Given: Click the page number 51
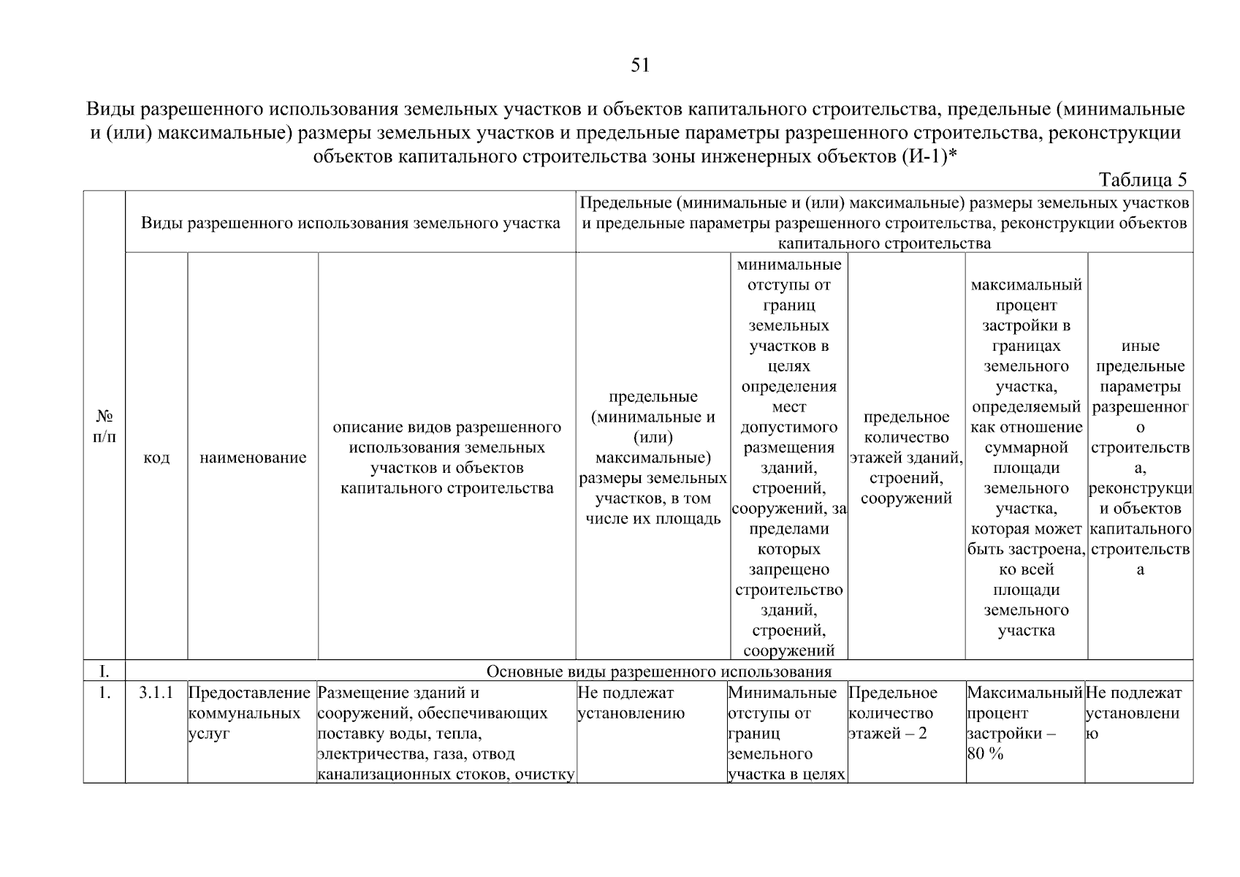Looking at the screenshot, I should click(639, 66).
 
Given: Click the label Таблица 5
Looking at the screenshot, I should click(1143, 180).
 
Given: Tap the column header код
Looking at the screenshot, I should click(156, 458).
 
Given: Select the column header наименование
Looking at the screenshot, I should click(253, 458).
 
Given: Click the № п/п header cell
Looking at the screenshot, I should click(104, 426).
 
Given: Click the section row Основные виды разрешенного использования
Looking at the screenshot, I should click(658, 671).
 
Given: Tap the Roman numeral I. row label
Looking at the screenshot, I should click(104, 671).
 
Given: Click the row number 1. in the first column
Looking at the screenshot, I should click(104, 692).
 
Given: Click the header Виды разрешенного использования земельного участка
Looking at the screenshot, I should click(350, 223).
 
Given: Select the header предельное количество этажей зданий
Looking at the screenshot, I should click(906, 458).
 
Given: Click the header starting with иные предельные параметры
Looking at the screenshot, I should click(1140, 458).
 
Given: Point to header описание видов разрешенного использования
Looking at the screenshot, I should click(446, 458).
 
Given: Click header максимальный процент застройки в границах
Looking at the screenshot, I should click(1026, 458).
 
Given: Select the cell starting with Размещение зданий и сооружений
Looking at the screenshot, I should click(446, 733).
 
